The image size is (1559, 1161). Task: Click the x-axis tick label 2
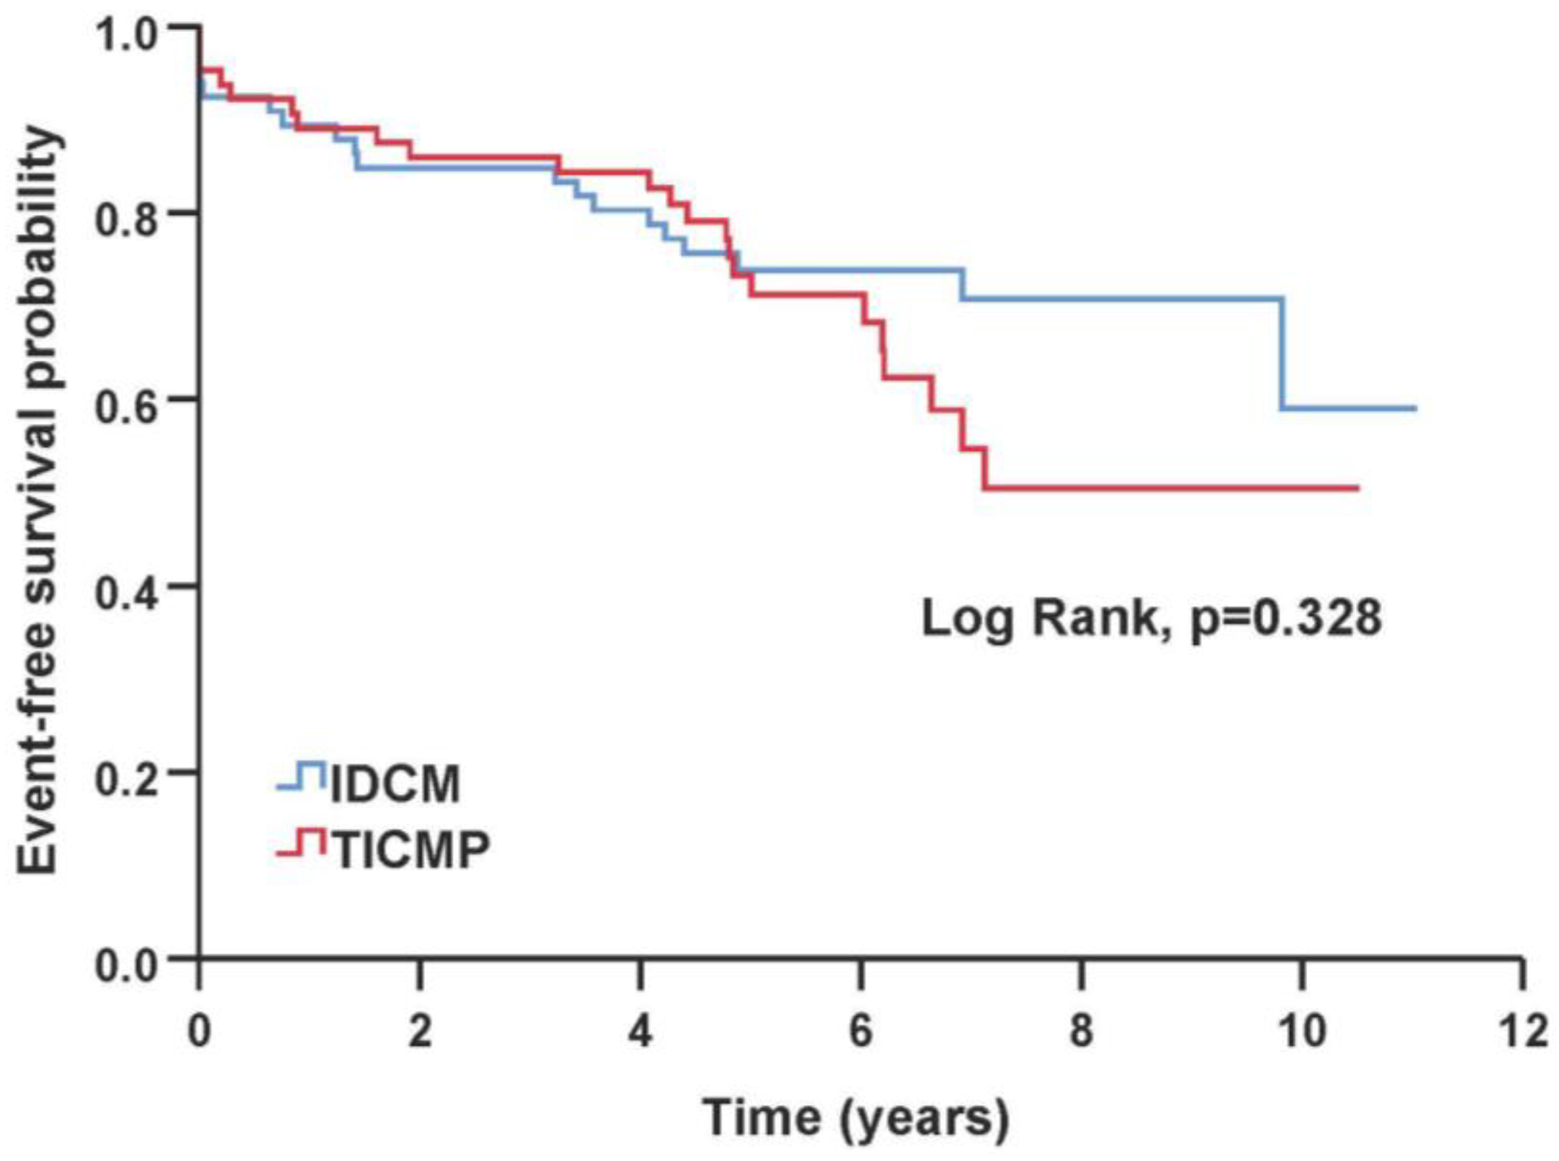(420, 1033)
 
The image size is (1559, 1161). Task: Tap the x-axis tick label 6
(861, 1033)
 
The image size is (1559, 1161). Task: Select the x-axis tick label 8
(1081, 1033)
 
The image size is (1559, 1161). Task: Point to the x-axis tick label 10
(1302, 1033)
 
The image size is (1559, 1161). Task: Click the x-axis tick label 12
(1523, 1033)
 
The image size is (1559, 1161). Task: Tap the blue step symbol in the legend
(302, 776)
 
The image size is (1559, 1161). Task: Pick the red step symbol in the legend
(302, 842)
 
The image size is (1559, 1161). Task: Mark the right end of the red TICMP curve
(1357, 488)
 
